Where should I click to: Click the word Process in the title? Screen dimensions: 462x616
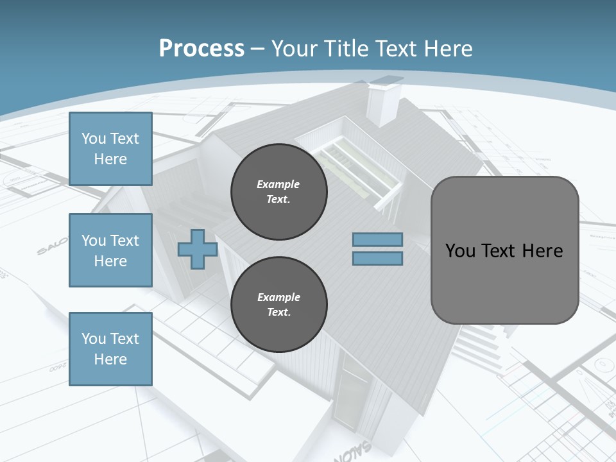201,49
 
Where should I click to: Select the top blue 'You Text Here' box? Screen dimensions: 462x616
110,149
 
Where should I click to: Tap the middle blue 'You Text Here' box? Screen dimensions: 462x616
110,250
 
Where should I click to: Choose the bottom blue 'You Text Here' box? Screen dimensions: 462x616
110,349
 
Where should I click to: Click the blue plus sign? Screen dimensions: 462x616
198,250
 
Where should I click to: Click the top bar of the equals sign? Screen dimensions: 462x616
377,240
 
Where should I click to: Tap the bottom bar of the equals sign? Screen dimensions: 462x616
377,259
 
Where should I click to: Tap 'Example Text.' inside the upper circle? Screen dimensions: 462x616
278,192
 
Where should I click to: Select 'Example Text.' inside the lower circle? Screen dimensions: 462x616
278,305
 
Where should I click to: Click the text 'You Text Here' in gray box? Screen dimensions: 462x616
504,251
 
